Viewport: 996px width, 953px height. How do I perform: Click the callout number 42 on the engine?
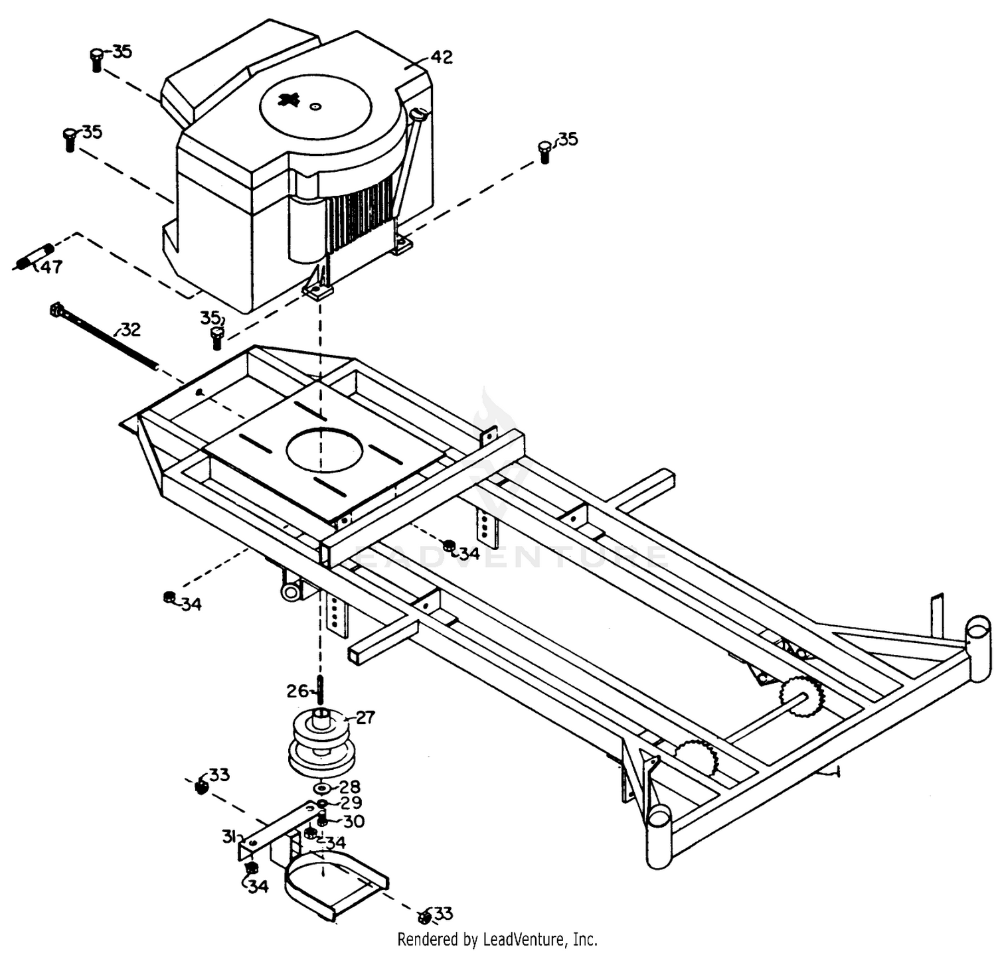coord(442,57)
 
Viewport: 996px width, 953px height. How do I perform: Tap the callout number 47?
coord(51,267)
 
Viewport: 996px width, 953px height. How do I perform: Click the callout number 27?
coord(365,717)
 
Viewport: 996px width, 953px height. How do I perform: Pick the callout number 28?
coord(350,786)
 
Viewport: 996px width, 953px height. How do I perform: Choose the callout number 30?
coord(353,822)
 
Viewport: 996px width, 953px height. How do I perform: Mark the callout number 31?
coord(229,837)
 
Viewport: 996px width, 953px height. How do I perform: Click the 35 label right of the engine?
coord(567,139)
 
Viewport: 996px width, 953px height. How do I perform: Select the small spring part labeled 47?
coord(33,257)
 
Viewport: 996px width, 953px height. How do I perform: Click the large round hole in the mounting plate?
coord(325,450)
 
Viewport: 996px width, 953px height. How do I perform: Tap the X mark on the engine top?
coord(289,101)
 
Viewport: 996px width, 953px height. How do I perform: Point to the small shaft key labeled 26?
coord(320,690)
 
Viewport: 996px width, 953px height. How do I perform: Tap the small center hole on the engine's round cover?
coord(315,106)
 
